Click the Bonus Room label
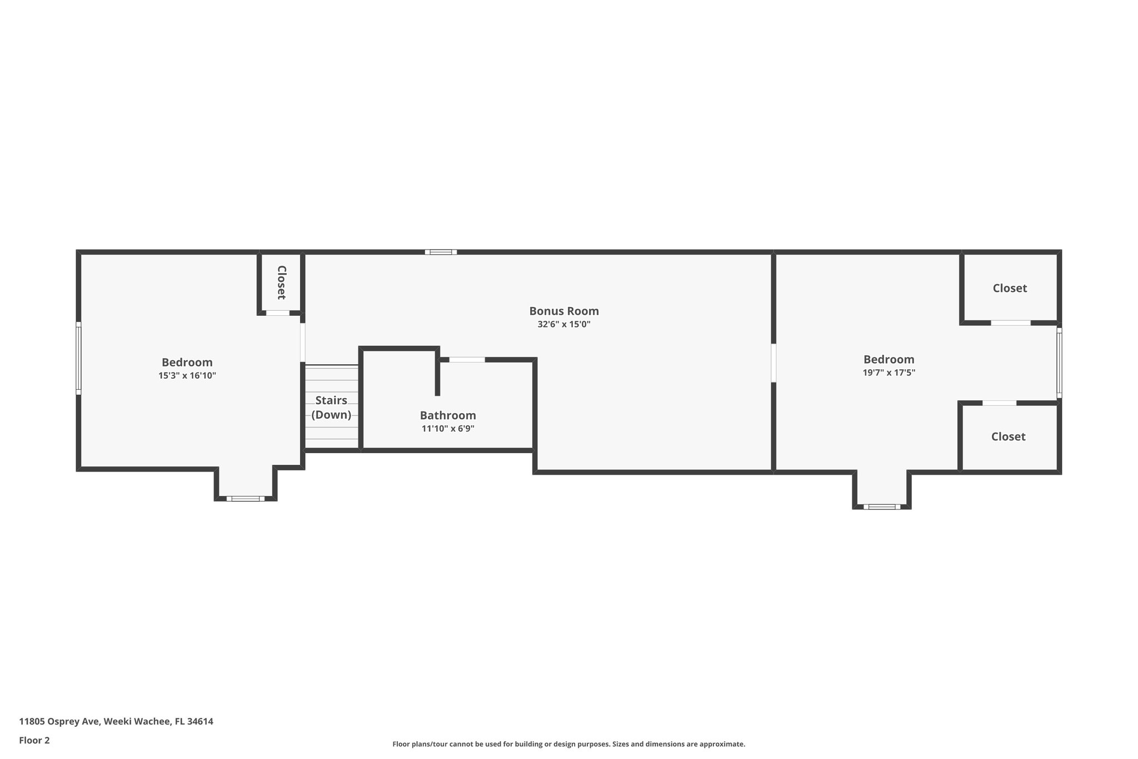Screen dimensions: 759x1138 [563, 311]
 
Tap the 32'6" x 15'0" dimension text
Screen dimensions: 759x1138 [563, 325]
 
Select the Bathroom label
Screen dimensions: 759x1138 [448, 415]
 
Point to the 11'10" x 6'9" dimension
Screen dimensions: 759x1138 [448, 429]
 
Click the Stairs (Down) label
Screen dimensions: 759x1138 [331, 408]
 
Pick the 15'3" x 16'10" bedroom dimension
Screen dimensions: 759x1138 [187, 376]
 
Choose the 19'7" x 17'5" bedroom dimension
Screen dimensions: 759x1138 [889, 373]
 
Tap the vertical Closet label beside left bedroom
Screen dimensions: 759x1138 [281, 282]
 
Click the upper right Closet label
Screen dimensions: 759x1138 [1010, 288]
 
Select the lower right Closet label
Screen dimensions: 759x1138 [1008, 436]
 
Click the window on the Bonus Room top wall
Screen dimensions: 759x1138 [441, 252]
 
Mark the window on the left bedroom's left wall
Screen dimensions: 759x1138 [78, 358]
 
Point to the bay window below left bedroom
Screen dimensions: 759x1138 [246, 498]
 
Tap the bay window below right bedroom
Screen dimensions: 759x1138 [882, 507]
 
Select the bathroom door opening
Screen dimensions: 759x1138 [467, 360]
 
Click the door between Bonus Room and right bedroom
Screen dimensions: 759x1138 [773, 363]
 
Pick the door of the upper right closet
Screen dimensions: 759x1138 [1011, 323]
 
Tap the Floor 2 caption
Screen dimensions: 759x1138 [34, 740]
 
